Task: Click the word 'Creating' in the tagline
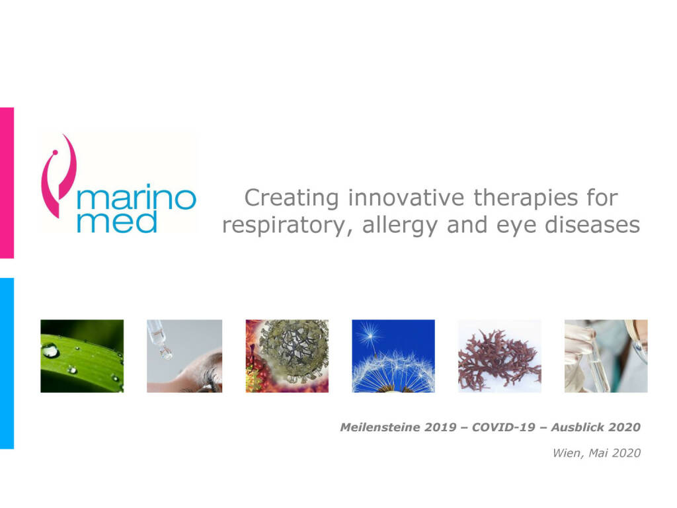click(x=292, y=198)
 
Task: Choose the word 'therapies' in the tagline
click(x=526, y=198)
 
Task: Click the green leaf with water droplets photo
click(x=82, y=356)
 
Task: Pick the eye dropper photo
click(x=184, y=356)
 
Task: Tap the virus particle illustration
click(x=287, y=356)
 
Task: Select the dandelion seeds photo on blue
click(x=393, y=356)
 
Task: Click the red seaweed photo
click(x=500, y=356)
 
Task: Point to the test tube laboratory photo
click(x=606, y=356)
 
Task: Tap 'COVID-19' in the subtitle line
click(x=503, y=427)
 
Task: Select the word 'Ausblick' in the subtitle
click(x=577, y=427)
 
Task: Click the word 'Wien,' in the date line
click(x=569, y=453)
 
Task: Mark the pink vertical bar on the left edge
click(x=7, y=183)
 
